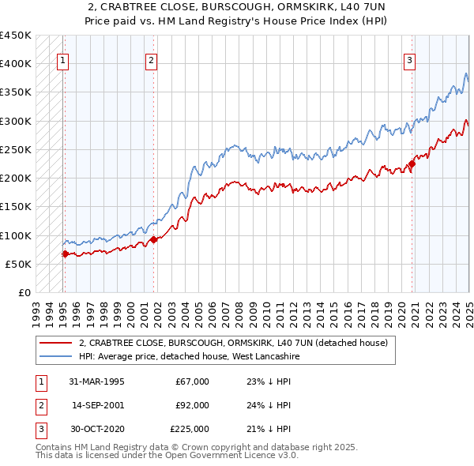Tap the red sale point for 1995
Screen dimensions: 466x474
(x=65, y=254)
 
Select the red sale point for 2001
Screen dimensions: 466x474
(x=154, y=239)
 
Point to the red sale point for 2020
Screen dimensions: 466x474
(x=412, y=163)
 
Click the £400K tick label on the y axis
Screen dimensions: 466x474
(x=16, y=64)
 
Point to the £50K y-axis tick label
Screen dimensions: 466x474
(x=19, y=264)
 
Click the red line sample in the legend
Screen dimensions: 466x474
(x=56, y=344)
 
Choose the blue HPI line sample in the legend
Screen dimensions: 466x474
(x=56, y=357)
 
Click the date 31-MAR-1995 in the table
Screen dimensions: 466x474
(x=97, y=381)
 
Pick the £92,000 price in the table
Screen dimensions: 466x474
(x=192, y=405)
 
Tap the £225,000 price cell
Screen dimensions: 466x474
(x=190, y=429)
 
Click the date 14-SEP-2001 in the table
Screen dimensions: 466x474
(x=97, y=405)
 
